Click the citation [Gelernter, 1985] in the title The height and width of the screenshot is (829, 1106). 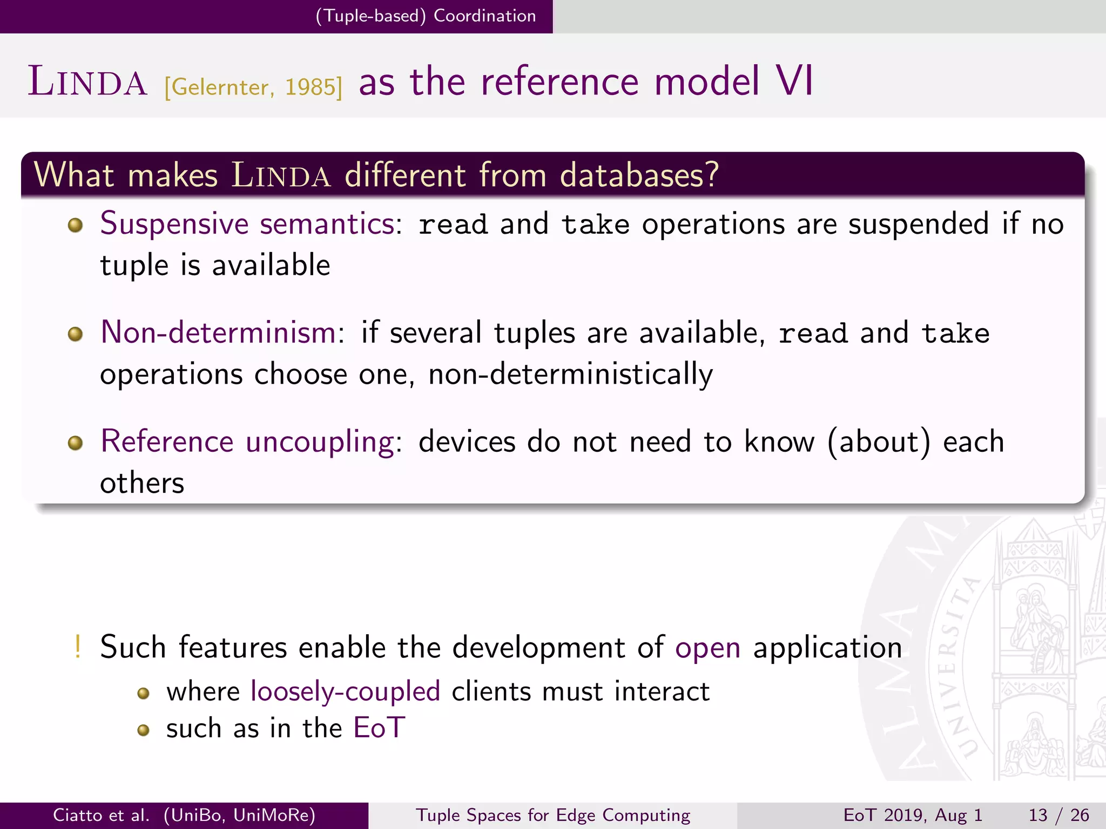(253, 86)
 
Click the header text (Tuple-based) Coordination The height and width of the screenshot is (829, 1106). (426, 16)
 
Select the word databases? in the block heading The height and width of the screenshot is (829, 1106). (639, 175)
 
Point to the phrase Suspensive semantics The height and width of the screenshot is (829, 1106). (247, 223)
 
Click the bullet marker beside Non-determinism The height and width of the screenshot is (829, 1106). (76, 334)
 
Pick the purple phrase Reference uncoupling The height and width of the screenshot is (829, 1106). (247, 441)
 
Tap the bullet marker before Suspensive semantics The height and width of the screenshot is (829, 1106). (76, 225)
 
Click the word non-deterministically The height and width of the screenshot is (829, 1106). (570, 374)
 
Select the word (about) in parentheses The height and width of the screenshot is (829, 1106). (879, 441)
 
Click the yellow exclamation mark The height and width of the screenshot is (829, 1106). (78, 647)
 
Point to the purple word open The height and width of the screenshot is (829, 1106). (707, 648)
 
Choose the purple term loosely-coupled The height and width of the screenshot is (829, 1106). (346, 691)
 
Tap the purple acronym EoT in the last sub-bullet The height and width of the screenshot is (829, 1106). (379, 728)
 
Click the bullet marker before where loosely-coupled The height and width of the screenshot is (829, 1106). (143, 694)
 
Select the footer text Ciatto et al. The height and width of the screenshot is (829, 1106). (101, 815)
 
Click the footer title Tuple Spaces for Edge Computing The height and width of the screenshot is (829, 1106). (553, 815)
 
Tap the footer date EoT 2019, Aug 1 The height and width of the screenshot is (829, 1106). (913, 815)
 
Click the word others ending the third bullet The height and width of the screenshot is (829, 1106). (142, 483)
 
